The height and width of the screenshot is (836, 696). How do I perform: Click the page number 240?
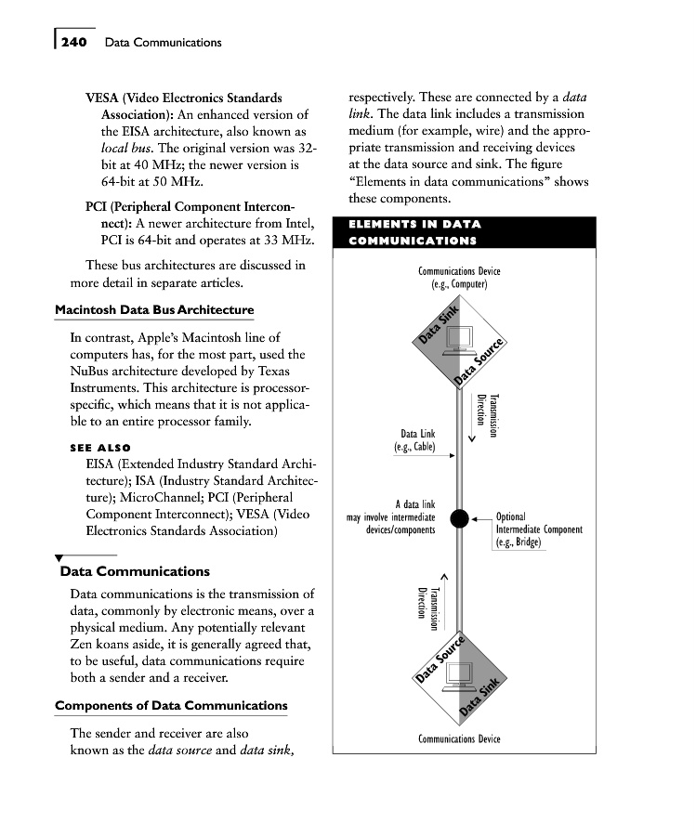coord(73,42)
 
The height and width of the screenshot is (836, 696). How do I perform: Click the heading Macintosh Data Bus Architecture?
coord(154,309)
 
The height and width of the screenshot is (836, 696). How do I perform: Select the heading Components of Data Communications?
coord(171,706)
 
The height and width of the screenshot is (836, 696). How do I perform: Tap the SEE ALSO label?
coord(100,448)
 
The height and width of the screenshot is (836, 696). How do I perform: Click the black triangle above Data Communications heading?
coord(60,557)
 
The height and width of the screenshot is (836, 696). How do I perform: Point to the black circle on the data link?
coord(458,518)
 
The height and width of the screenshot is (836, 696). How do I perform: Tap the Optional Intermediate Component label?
coord(539,529)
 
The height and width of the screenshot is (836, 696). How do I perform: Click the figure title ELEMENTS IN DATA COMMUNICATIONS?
coord(414,232)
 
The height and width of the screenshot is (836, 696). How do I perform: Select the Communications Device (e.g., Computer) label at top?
coord(459,278)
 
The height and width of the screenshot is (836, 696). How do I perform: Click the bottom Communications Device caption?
coord(459,738)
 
